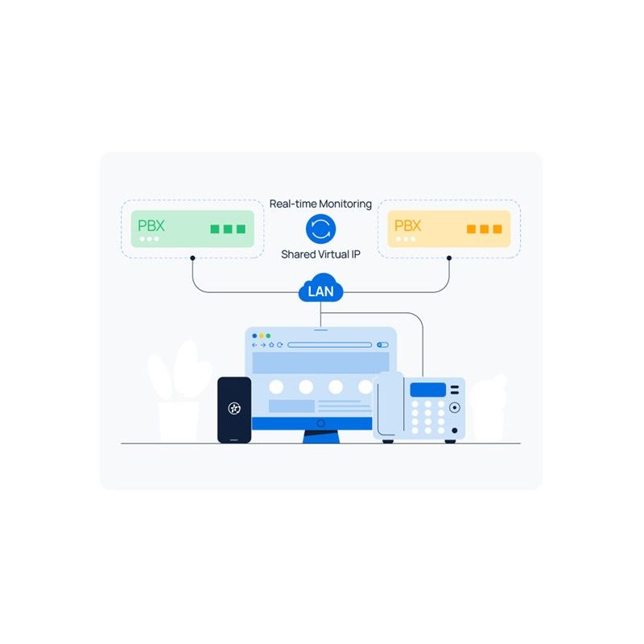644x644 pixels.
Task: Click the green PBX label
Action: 151,225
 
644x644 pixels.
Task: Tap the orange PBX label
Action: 407,225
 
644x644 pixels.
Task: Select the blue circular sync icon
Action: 320,229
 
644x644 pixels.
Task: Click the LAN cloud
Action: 320,288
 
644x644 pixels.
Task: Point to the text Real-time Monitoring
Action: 320,204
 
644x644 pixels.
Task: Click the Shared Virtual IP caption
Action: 320,254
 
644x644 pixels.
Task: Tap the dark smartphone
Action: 234,410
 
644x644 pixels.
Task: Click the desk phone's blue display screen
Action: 428,390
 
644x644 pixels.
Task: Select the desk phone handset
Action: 389,405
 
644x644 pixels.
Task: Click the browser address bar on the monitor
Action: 329,345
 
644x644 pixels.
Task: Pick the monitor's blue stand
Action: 321,436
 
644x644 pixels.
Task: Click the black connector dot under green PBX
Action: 192,258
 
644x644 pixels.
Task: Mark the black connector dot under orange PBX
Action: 449,258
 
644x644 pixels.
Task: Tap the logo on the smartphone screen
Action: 234,408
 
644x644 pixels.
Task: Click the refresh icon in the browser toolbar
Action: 279,345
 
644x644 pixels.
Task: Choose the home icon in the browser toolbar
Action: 271,345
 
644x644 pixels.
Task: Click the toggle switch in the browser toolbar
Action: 382,345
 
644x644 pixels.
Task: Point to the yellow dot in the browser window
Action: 261,336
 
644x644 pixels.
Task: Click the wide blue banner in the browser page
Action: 320,362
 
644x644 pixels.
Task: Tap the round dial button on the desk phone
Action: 454,408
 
